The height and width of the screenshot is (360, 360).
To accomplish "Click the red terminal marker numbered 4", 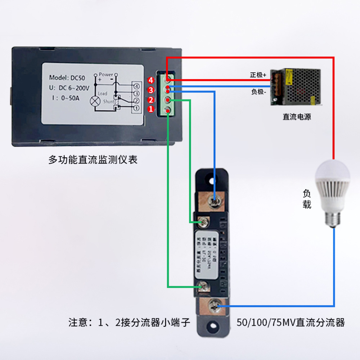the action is (151, 80).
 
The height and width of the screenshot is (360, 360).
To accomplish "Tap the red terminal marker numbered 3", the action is (151, 90).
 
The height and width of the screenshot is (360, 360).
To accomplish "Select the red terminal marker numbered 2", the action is (151, 99).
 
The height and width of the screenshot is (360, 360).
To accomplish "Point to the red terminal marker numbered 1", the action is (151, 109).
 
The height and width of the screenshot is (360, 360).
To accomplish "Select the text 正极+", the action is (258, 75).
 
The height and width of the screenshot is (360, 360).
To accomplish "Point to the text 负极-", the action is (258, 92).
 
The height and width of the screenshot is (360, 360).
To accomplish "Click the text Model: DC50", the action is (67, 77).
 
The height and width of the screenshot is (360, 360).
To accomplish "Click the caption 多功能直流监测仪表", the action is (93, 160).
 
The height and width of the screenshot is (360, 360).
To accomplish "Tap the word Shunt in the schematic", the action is (108, 102).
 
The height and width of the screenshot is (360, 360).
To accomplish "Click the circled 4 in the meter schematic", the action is (136, 86).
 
